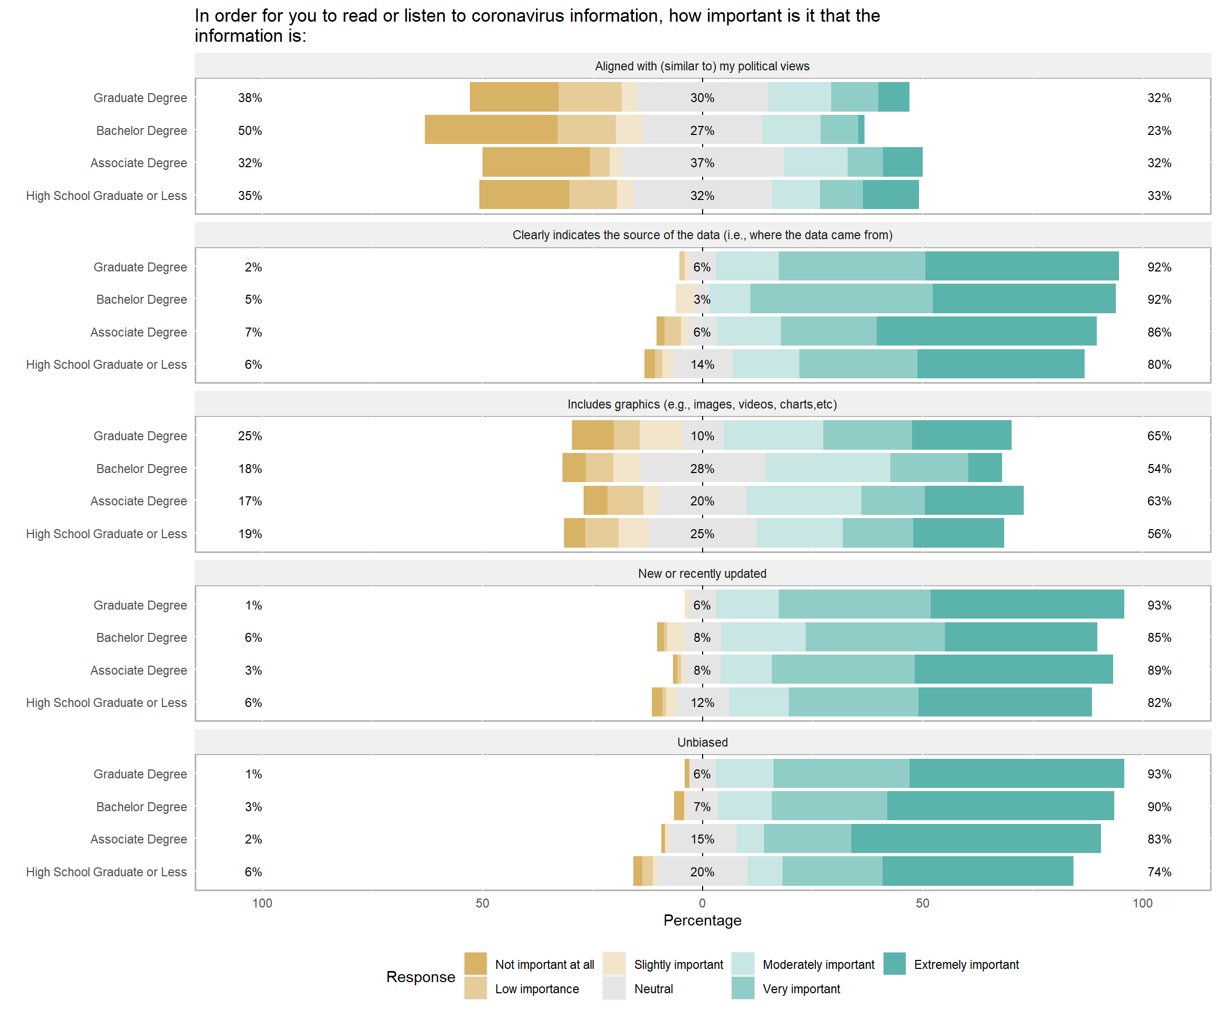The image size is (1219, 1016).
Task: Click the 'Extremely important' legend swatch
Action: coord(895,964)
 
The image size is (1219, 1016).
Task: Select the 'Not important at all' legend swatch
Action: coord(476,964)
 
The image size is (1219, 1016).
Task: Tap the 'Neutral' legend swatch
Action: coord(614,988)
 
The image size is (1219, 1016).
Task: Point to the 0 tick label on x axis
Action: coord(703,903)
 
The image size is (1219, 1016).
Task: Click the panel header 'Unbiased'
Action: coord(703,742)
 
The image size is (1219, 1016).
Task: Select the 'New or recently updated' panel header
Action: coord(703,573)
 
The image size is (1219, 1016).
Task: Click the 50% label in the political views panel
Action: coord(250,131)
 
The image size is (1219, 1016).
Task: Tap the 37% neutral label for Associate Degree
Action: coord(703,162)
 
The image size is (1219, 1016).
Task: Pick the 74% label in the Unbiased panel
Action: coord(1159,872)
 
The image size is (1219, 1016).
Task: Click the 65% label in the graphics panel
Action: coord(1159,436)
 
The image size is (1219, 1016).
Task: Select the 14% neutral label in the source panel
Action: coord(703,364)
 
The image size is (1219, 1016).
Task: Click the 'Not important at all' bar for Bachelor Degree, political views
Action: coord(491,130)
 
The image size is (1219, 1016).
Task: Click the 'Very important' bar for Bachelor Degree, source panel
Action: coord(841,298)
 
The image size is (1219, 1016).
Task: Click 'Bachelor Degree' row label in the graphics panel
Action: coord(142,468)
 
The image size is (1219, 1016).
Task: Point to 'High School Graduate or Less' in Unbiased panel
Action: coord(106,872)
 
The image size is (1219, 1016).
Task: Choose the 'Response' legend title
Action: coord(420,976)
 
